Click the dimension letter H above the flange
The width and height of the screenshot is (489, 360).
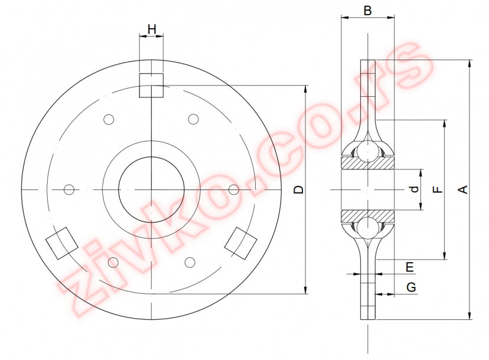pos(152,29)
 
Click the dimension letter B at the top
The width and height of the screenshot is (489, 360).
pos(367,11)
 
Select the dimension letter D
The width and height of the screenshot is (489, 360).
pos(299,189)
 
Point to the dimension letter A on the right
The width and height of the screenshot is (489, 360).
pos(464,189)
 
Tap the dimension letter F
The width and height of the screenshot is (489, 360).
pos(437,189)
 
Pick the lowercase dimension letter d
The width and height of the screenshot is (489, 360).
pos(415,189)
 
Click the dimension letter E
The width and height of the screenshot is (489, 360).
pos(409,267)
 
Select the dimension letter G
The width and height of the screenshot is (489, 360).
pos(411,287)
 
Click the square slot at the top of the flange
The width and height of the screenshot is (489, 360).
pos(151,85)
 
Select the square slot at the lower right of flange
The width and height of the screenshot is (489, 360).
pos(242,242)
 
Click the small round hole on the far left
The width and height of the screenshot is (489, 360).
pos(69,189)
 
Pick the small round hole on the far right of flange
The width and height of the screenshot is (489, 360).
pos(234,189)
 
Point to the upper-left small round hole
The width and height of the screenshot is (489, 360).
pos(109,120)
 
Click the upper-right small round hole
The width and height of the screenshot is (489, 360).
pos(193,119)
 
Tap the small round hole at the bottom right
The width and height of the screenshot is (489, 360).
pos(190,261)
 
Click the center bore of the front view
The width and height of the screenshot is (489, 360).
pos(151,189)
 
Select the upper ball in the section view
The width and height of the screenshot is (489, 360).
pos(367,152)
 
